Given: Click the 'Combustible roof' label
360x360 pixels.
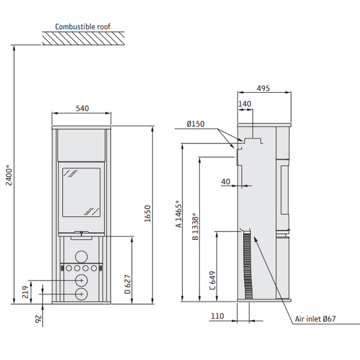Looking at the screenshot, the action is coord(82,26).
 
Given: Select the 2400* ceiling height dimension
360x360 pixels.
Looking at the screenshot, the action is coord(9,175).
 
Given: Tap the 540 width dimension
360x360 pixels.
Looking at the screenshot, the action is coord(82,108).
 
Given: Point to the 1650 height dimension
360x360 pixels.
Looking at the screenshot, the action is coord(147,214).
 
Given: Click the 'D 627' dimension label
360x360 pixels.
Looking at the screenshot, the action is coord(128,284).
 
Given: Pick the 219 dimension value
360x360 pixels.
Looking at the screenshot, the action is coord(25,292).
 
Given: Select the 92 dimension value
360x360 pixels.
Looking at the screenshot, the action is coord(38,319).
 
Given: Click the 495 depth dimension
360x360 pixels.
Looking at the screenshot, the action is coord(263,88).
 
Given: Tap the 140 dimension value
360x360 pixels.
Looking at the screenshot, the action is coord(245,104).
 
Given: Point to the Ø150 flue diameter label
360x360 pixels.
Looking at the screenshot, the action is coord(196,124).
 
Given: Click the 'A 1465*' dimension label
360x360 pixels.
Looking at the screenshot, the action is coord(179,214).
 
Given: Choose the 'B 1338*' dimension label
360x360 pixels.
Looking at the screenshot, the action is coord(195,226).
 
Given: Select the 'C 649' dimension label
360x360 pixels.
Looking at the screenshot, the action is coord(213,281).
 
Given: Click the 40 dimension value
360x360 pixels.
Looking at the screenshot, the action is coord(225,181).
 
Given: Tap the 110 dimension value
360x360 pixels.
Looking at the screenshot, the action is coord(217,316).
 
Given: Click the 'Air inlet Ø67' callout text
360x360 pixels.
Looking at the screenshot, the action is coord(316,319).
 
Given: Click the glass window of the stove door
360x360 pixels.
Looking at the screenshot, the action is coord(82,192).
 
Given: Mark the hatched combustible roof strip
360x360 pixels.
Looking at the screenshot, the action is coord(83,39).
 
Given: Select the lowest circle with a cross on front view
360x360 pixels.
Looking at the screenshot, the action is coord(81,294).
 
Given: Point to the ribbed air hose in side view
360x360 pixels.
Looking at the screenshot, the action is coord(247,265).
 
